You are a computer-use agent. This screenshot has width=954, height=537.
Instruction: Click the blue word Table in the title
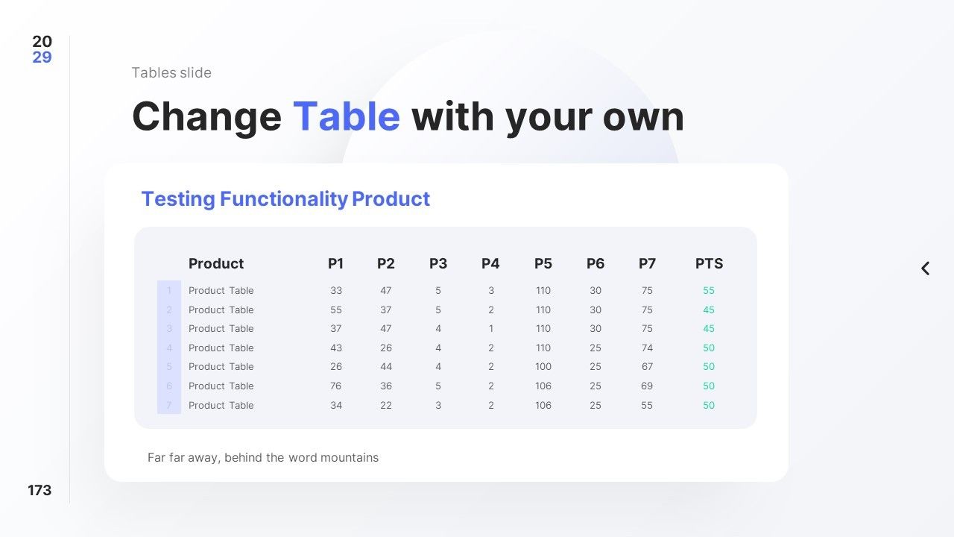[347, 116]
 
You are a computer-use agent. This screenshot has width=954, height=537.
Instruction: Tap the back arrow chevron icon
[925, 268]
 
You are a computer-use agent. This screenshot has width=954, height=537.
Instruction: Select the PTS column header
[709, 263]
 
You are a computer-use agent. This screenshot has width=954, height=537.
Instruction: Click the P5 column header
[543, 263]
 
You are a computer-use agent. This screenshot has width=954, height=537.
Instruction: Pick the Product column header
[216, 263]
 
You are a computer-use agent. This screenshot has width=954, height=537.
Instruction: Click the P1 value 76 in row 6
[335, 386]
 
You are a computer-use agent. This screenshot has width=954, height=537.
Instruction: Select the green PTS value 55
[709, 290]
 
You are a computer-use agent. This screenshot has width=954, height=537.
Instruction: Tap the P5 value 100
[543, 366]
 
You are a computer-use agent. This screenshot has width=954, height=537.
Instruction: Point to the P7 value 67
[647, 366]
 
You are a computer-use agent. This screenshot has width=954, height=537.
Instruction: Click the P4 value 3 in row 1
[491, 290]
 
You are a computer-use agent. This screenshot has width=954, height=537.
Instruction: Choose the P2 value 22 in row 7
[386, 405]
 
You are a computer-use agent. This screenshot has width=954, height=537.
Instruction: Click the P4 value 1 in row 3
[491, 329]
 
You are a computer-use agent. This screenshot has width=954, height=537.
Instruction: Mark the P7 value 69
[647, 386]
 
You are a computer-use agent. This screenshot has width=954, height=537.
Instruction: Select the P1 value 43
[336, 348]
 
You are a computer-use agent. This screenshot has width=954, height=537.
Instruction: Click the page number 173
[40, 490]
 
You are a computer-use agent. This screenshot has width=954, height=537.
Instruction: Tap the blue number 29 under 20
[42, 57]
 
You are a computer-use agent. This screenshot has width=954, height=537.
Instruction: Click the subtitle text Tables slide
[171, 72]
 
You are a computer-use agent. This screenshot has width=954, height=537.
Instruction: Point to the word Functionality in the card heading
[284, 199]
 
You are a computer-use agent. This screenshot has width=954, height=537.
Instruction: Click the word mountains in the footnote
[350, 457]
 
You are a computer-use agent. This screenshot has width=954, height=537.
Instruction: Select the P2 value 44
[386, 366]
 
